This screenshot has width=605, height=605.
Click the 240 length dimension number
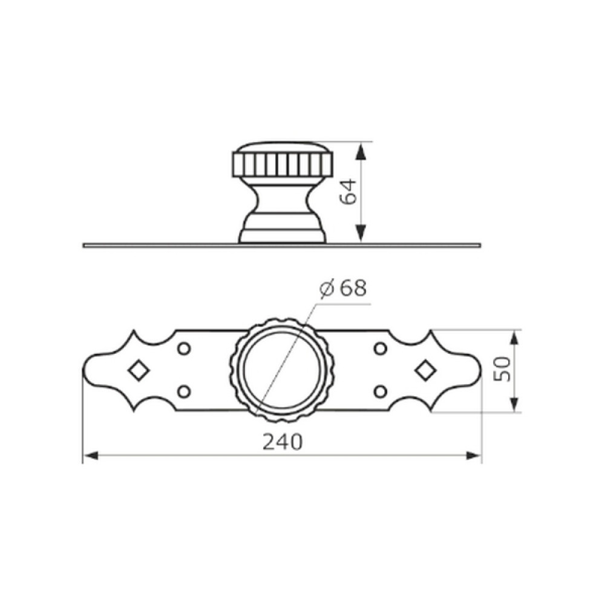tap(283, 442)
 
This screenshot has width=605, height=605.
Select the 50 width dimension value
tap(502, 369)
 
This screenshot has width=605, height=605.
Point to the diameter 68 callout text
tap(343, 288)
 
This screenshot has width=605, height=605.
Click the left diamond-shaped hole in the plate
tap(139, 370)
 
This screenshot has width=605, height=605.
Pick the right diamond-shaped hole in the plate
tap(425, 370)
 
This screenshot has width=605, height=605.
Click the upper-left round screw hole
tap(184, 349)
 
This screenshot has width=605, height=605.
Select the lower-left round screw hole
tap(184, 391)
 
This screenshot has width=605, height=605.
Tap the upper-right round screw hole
tap(381, 349)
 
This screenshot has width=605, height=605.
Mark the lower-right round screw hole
tap(381, 391)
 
